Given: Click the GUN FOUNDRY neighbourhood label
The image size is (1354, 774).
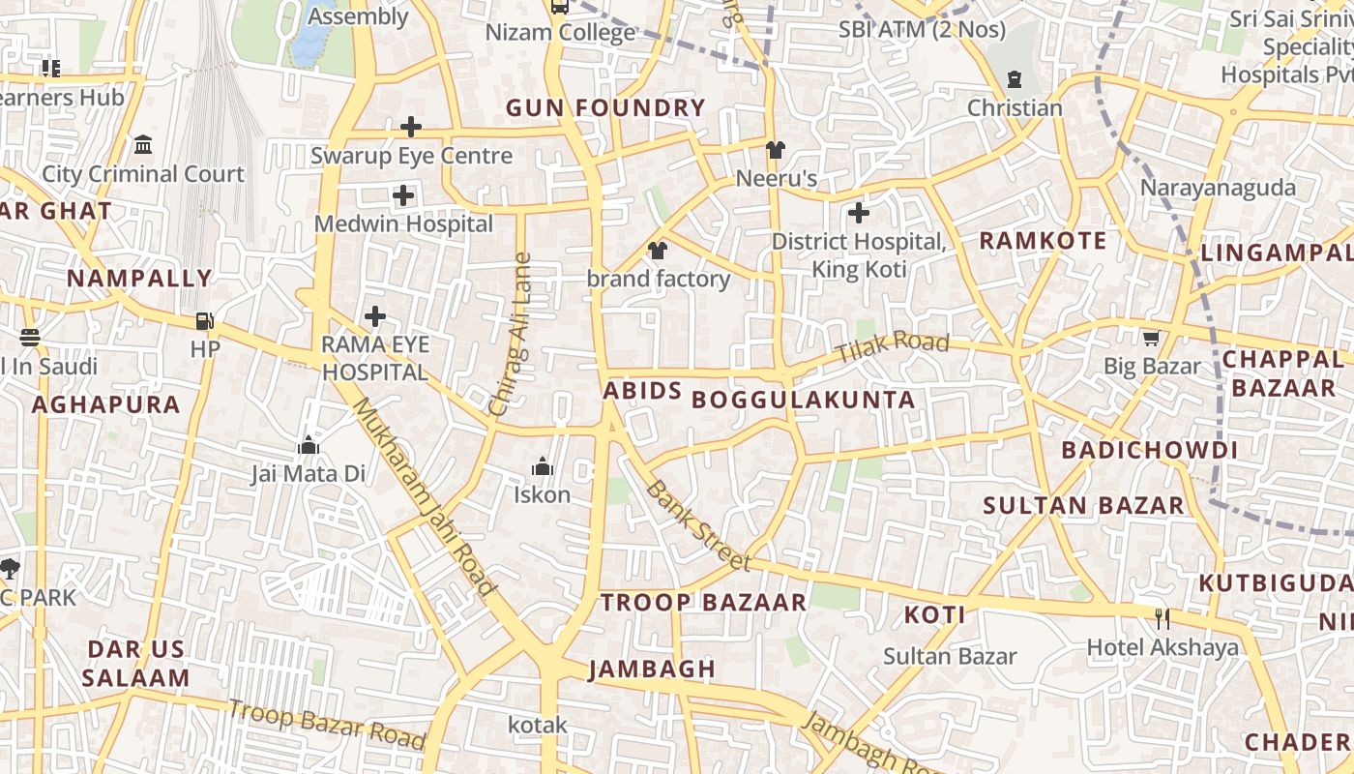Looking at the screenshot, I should (605, 108).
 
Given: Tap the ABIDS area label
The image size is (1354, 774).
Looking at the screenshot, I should (642, 391).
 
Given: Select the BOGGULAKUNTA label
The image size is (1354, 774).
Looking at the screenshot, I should (804, 400).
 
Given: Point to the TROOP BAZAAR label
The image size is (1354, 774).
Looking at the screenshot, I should (703, 602).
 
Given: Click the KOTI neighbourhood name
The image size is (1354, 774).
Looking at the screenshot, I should (934, 614).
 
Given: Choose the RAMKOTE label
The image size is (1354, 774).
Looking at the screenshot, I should (1043, 241).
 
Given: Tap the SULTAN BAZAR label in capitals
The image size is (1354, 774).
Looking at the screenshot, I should (1083, 505).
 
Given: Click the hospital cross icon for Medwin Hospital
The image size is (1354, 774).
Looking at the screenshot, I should (403, 196).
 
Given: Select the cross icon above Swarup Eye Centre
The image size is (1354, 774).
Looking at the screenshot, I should (411, 127).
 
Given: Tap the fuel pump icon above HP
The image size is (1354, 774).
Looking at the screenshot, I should (204, 320).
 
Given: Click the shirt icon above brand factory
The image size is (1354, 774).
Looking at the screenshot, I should (658, 252).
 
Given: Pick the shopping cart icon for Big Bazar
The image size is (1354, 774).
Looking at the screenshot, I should (1151, 338).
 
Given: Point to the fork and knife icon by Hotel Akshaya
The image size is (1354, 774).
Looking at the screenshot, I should (1163, 618).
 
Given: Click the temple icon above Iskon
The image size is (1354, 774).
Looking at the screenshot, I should (543, 467).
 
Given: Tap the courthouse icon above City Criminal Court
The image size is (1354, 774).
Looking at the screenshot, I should (143, 145).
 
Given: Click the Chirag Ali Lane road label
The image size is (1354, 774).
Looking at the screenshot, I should (511, 335).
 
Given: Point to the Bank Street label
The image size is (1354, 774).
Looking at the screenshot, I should (697, 525).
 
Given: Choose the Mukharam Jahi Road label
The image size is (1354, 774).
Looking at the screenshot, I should (424, 496).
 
